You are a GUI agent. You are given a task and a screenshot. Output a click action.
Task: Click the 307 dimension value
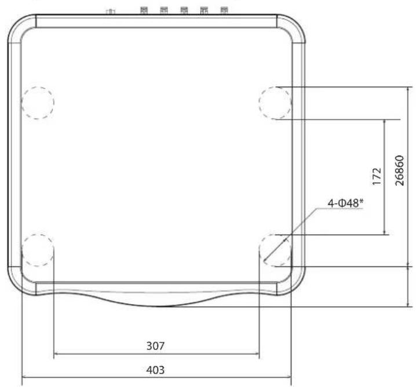point(155,346)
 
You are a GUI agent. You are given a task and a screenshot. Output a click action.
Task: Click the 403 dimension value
point(155,370)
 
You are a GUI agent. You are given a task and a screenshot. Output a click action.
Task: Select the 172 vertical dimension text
point(377,176)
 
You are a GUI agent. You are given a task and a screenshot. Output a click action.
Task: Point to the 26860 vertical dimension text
point(400,171)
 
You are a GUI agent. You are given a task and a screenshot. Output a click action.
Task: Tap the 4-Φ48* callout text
point(345,203)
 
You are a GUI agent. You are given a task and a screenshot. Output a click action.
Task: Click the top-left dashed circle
point(38,103)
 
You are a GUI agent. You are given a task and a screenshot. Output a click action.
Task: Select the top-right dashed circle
point(275,103)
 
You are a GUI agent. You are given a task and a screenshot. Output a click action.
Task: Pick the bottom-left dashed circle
point(38,250)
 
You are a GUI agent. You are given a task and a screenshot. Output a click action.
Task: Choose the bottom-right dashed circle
point(275,250)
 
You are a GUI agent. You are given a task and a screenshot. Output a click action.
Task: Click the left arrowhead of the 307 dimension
point(56,354)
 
